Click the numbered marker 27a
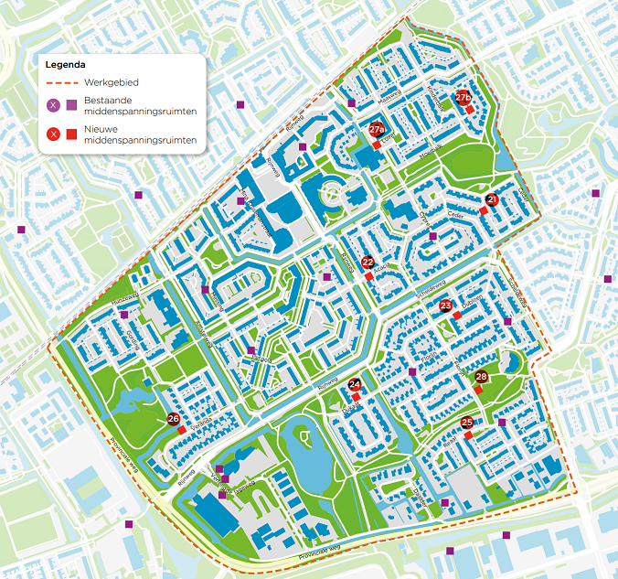(x=377, y=130)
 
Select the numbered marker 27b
(x=463, y=97)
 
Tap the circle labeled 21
(x=492, y=199)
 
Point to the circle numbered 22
(x=368, y=262)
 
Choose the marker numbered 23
(x=445, y=306)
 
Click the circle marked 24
(x=355, y=385)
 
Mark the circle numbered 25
(x=467, y=423)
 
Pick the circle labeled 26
(x=173, y=419)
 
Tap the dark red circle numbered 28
(x=482, y=377)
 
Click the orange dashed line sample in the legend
(x=61, y=82)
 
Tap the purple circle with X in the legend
(x=53, y=106)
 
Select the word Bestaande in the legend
(x=108, y=101)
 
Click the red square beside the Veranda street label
(x=182, y=430)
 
